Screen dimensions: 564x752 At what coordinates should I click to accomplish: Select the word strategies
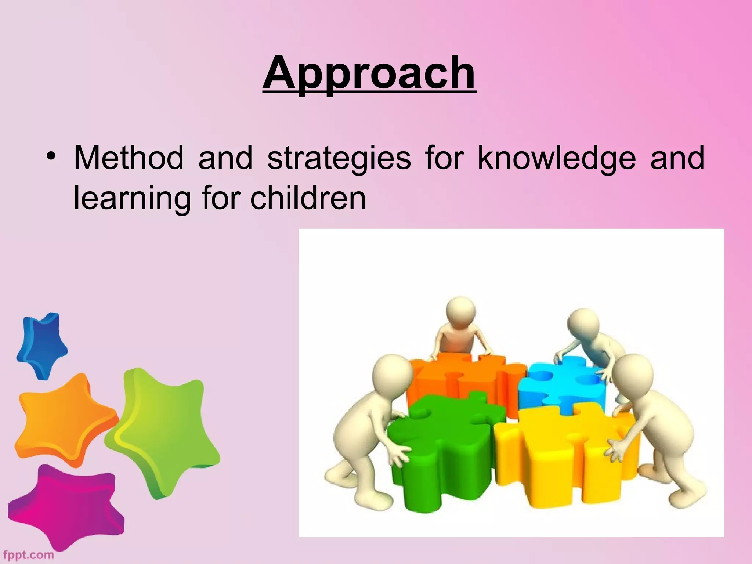point(339,159)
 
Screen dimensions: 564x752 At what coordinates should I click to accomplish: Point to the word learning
point(132,199)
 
